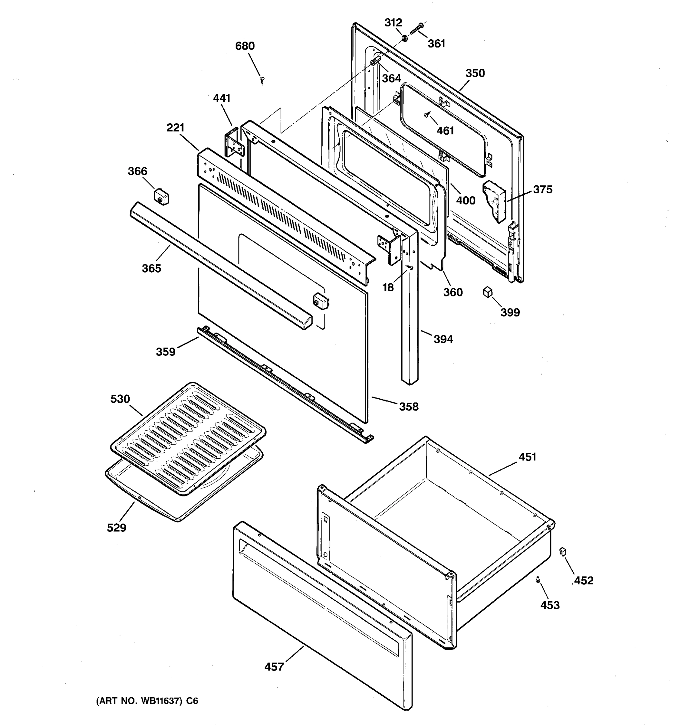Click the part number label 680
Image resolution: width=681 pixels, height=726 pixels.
tap(245, 46)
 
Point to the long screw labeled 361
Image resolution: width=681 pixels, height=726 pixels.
tap(416, 29)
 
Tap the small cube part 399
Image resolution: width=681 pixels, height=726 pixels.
tap(488, 292)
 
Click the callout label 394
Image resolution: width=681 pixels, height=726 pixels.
tap(443, 339)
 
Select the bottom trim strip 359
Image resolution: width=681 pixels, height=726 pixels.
tap(285, 384)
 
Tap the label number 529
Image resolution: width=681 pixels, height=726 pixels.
tap(116, 527)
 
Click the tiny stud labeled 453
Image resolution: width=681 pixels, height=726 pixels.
tap(538, 580)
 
